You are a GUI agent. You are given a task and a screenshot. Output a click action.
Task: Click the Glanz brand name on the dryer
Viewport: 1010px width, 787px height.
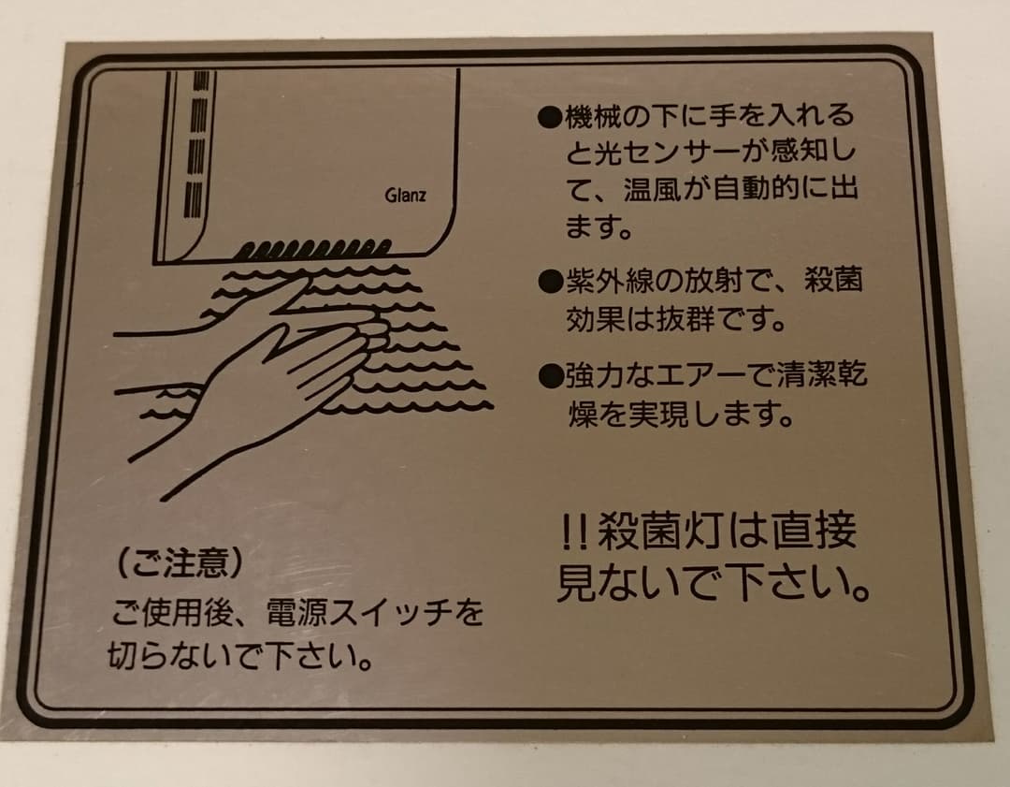pos(405,196)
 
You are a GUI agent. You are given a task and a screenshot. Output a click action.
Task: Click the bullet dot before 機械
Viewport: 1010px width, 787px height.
pos(549,118)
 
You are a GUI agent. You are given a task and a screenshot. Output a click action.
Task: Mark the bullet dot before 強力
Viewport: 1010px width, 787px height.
pos(549,376)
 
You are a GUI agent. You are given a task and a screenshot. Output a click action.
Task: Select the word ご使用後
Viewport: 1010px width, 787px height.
pos(163,614)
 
